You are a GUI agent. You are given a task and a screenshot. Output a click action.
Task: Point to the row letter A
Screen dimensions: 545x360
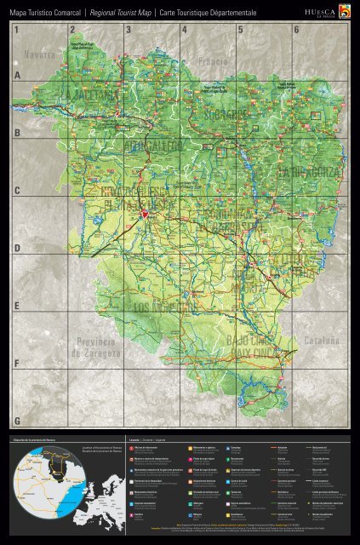tap(16, 75)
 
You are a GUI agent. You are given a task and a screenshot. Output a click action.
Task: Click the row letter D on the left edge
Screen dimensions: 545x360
tap(16, 247)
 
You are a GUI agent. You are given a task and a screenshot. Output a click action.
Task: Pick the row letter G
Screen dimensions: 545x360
tap(16, 421)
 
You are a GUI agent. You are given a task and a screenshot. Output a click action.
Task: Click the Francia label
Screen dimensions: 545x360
tap(212, 62)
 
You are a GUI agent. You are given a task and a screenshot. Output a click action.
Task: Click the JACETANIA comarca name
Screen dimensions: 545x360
tap(94, 96)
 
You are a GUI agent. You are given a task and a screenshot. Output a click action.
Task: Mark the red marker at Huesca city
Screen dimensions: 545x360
tap(144, 213)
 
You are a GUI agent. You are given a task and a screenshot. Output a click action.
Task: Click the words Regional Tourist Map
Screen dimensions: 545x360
tap(117, 12)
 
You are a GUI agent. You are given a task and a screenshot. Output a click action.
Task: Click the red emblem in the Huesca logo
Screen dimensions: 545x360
tap(344, 10)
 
